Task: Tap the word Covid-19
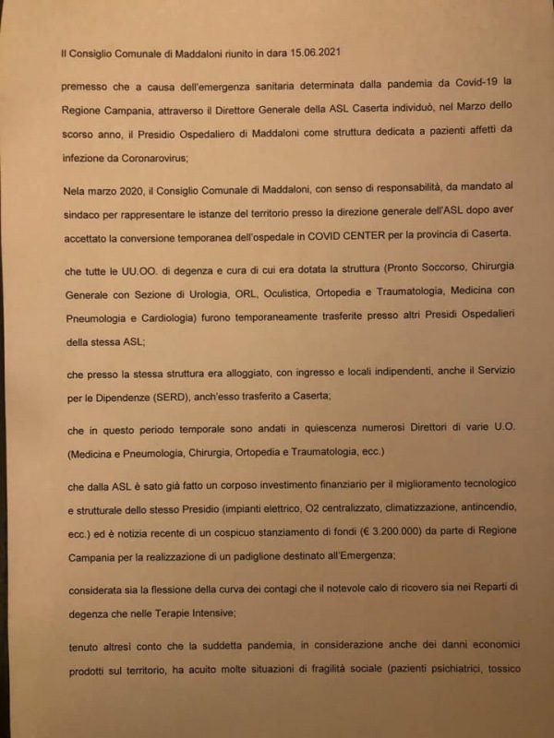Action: pos(449,89)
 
